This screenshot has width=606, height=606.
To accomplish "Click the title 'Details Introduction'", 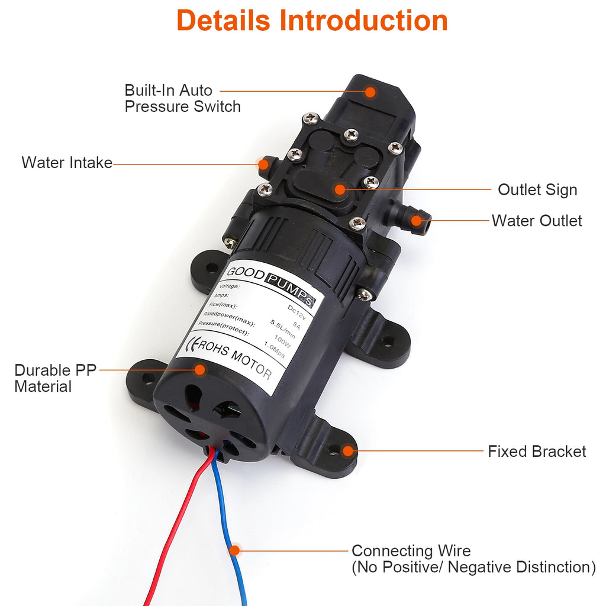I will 312,21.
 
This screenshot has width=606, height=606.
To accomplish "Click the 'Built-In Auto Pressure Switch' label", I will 182,98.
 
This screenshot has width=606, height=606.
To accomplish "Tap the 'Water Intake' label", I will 67,163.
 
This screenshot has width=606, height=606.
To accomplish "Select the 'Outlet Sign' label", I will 537,190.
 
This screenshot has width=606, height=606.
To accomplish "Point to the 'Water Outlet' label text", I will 537,221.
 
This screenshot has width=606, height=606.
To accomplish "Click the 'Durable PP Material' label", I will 51,378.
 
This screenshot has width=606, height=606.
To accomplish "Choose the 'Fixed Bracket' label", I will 537,452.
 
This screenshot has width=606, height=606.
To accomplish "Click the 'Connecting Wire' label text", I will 411,551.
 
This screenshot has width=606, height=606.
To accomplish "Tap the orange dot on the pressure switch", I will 370,92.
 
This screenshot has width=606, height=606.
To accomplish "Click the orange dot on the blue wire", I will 235,550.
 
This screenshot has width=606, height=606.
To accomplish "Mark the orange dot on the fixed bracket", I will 347,451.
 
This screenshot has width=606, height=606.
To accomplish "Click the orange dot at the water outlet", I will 417,221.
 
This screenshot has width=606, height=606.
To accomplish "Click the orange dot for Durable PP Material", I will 200,370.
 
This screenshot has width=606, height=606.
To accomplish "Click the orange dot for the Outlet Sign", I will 339,189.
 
